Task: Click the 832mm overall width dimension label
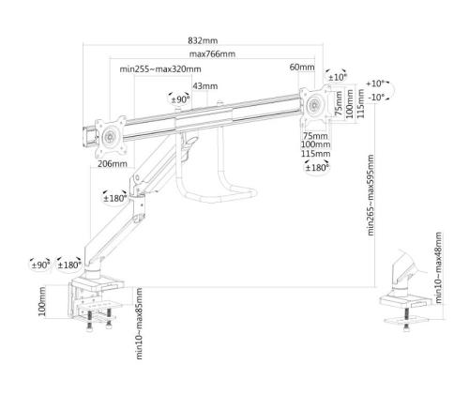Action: pyautogui.click(x=203, y=40)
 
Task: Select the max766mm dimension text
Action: pyautogui.click(x=212, y=54)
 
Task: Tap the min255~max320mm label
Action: pyautogui.click(x=160, y=68)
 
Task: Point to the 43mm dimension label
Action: pyautogui.click(x=205, y=86)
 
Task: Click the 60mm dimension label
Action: pyautogui.click(x=302, y=67)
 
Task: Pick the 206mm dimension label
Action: pyautogui.click(x=113, y=163)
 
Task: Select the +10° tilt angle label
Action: pyautogui.click(x=375, y=83)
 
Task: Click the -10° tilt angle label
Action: pyautogui.click(x=376, y=98)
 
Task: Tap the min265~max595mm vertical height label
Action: pyautogui.click(x=371, y=195)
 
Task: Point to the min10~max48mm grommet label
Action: pyautogui.click(x=439, y=267)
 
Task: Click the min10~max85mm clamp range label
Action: pyautogui.click(x=140, y=324)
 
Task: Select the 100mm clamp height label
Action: pyautogui.click(x=42, y=301)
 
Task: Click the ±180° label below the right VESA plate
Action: pyautogui.click(x=317, y=168)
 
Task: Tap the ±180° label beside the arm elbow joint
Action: pyautogui.click(x=115, y=198)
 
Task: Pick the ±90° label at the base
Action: pyautogui.click(x=40, y=265)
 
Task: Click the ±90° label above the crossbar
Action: pyautogui.click(x=180, y=99)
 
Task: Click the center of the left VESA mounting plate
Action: pyautogui.click(x=111, y=137)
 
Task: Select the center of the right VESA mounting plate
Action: pyautogui.click(x=314, y=104)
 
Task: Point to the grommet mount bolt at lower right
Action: pyautogui.click(x=406, y=318)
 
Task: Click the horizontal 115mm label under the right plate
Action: pyautogui.click(x=316, y=154)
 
